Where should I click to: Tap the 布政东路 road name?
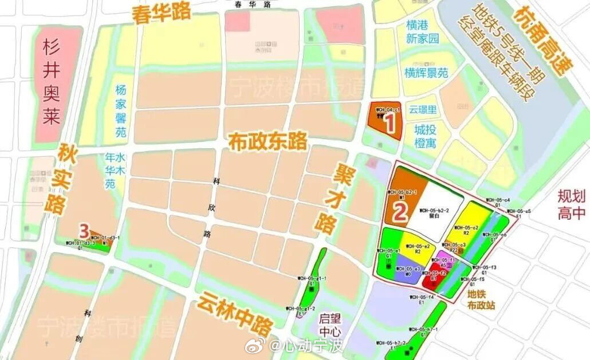coord(268,140)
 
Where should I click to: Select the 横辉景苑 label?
coord(426,73)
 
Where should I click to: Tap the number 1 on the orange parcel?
coord(390,122)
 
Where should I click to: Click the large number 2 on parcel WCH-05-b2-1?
coord(400,212)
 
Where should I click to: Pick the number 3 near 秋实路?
coord(84,231)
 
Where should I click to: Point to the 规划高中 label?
coord(572,205)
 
